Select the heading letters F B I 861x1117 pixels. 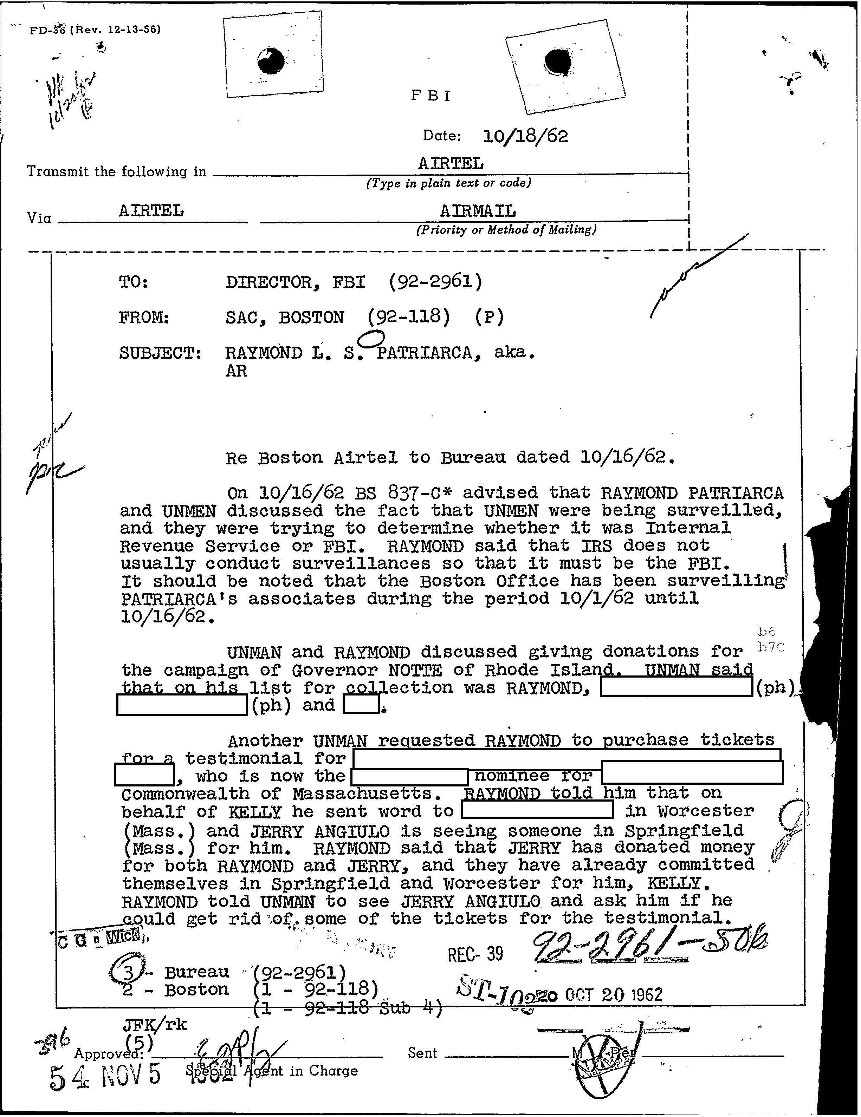(431, 96)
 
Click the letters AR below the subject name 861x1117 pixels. (237, 371)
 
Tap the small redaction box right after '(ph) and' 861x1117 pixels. (361, 705)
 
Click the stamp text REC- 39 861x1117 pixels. (475, 953)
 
